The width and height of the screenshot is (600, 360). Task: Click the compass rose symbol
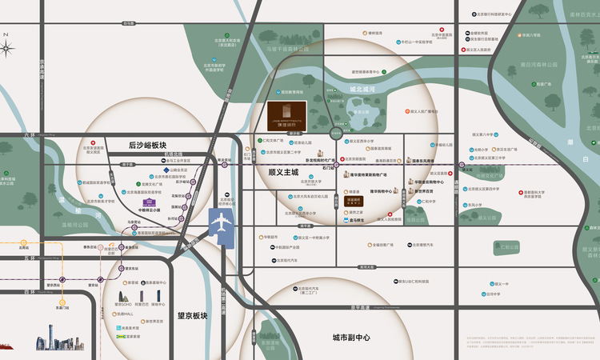pos(7,48)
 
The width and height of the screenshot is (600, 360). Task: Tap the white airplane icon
pos(219,222)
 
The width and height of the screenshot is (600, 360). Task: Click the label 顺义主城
pos(282,172)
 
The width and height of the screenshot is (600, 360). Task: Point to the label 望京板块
pos(192,315)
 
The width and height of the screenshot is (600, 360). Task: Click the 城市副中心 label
pos(351,338)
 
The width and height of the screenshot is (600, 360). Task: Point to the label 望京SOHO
pos(124,304)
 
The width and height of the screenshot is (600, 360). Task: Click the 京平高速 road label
pos(364,306)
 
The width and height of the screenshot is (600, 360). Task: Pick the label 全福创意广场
pos(385,245)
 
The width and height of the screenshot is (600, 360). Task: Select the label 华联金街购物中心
pos(429,182)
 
